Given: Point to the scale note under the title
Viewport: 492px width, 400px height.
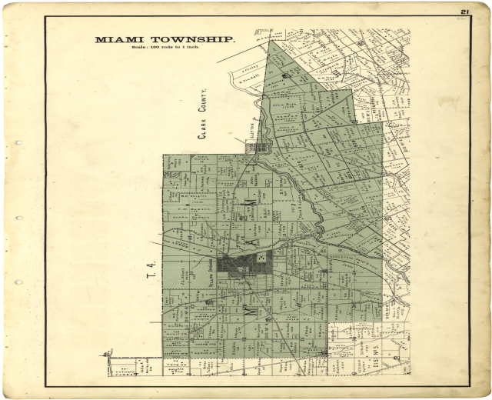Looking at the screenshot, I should (x=165, y=48).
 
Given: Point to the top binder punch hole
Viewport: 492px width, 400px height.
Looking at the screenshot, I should (x=18, y=143).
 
